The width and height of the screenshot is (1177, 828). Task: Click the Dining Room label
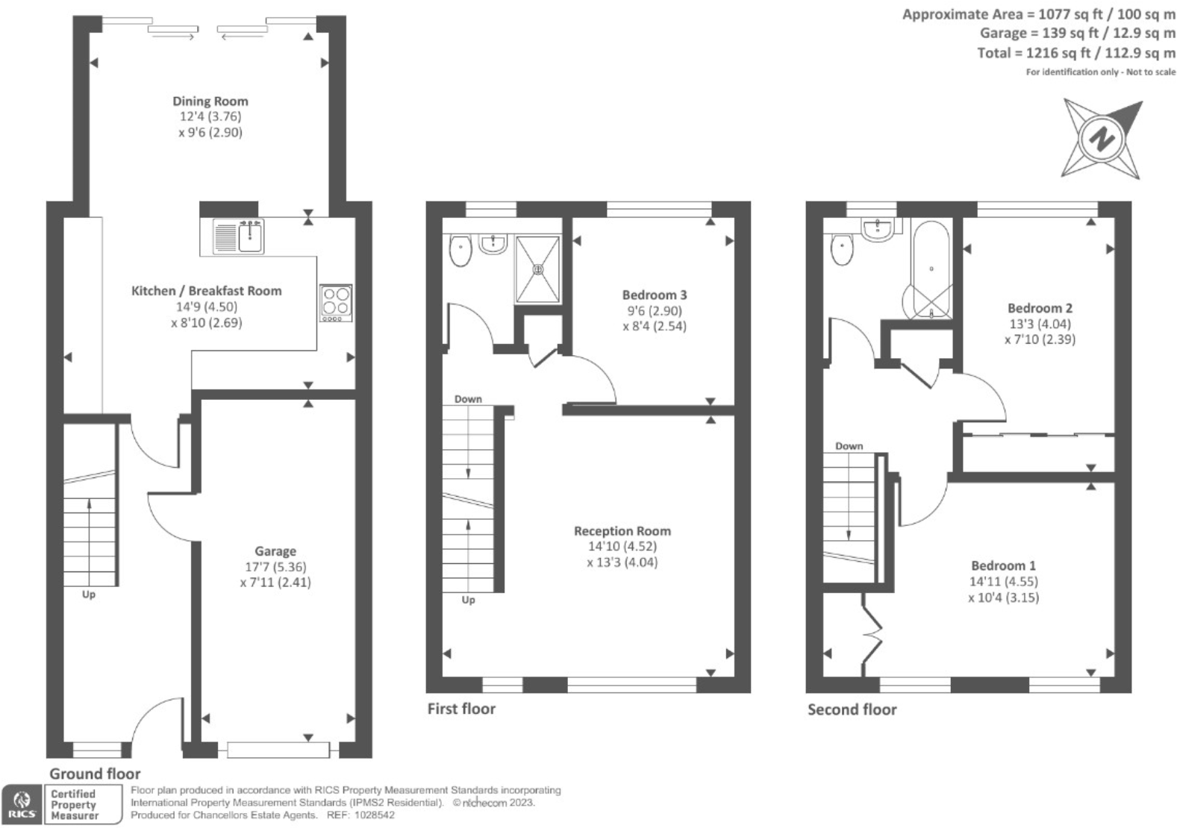[x=210, y=101]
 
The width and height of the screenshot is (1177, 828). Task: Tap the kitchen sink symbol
[x=239, y=236]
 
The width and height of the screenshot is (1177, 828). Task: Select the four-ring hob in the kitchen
[x=335, y=301]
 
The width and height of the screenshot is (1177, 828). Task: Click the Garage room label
[x=275, y=551]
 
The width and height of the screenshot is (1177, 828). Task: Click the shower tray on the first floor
[x=537, y=269]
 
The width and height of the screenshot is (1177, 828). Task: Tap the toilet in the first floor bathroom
[x=461, y=251]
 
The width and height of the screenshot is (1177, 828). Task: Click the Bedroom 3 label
[x=655, y=295]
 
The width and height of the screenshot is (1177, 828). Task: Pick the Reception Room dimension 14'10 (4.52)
[x=622, y=546]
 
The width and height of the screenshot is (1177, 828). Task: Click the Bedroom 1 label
[x=1003, y=565]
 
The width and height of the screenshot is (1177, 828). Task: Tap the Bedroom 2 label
[x=1040, y=308]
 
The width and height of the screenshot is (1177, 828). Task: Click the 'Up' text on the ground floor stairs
[x=89, y=595]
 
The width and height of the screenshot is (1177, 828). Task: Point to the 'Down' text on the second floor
[x=849, y=446]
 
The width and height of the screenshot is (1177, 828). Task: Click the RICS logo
[x=22, y=805]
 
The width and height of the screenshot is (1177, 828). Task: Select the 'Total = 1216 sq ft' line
[x=1075, y=53]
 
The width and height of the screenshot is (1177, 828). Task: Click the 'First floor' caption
[x=461, y=709]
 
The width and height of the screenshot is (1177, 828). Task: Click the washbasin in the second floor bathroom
[x=877, y=228]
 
